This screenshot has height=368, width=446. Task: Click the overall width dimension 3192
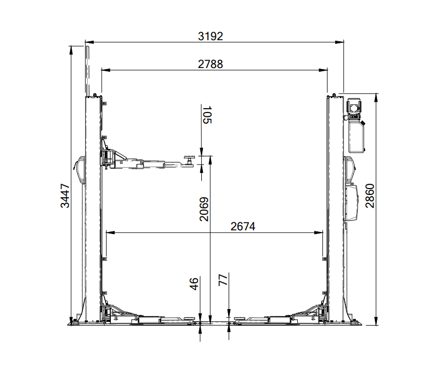click(210, 36)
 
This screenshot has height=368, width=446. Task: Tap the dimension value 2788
click(210, 64)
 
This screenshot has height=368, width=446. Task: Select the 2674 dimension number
click(243, 227)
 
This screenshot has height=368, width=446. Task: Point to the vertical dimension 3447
click(65, 196)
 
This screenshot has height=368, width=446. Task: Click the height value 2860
click(370, 196)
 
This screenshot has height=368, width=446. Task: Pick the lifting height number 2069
click(204, 209)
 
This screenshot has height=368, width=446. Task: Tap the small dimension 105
click(207, 115)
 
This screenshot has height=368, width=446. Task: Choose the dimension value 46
click(194, 284)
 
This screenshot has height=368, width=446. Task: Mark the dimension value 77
click(223, 280)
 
